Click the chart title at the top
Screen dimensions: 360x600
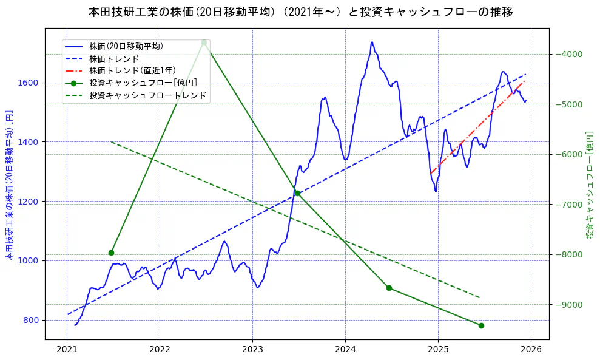pos(300,12)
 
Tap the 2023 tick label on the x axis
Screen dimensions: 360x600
pos(252,349)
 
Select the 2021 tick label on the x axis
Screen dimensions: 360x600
pos(67,349)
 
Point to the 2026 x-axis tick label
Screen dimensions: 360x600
pos(531,349)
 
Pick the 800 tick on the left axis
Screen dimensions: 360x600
pos(32,320)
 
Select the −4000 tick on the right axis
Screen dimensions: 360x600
pos(568,54)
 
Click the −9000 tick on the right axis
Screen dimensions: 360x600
pos(568,304)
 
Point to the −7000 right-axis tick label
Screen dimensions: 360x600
pos(568,204)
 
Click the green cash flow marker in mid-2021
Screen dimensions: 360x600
pos(111,253)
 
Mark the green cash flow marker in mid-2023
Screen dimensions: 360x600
pos(297,193)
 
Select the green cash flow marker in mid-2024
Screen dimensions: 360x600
pos(389,288)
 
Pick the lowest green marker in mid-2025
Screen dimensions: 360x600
pos(481,325)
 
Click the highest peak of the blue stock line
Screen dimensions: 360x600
pos(372,42)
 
